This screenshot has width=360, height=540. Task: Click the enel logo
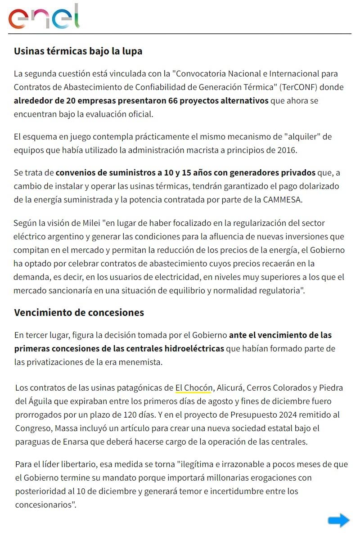point(44,17)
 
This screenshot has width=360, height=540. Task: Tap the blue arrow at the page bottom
point(338,521)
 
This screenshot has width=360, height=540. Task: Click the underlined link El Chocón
point(193,387)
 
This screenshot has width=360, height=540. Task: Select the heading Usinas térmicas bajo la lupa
point(78,51)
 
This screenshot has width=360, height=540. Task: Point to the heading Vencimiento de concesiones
point(79,312)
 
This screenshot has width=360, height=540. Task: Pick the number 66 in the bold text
point(173,100)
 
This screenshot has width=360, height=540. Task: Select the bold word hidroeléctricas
point(188,349)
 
